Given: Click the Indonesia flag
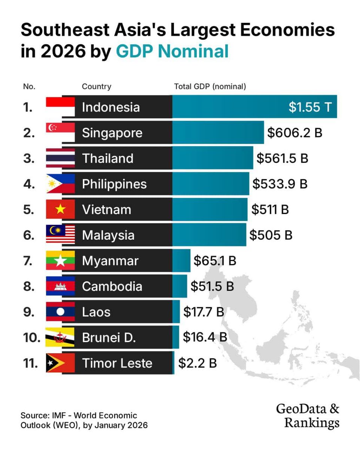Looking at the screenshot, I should point(60,107).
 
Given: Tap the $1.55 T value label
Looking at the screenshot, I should point(310,107).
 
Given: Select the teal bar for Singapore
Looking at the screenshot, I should point(218,133).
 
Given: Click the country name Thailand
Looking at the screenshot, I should point(108,158).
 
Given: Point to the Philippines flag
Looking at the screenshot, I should point(60,184).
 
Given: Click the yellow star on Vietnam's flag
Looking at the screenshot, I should point(60,210).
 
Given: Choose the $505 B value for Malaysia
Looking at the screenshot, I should point(271,235).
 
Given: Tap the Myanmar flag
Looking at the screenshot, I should point(60,261).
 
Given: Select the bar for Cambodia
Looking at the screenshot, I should point(180,286).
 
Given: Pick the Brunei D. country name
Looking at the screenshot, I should point(109,337).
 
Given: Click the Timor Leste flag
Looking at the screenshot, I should point(60,363).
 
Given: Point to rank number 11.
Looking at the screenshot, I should point(30,363).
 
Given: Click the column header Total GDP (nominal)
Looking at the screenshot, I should point(210,86).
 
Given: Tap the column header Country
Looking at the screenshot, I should point(97,86).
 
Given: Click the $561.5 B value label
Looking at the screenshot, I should point(282,158).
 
